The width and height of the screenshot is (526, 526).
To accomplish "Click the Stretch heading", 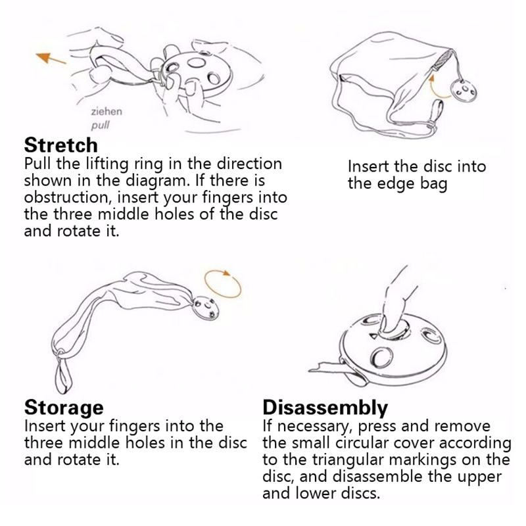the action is [x=61, y=145].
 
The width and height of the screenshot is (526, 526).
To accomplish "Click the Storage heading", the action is [x=64, y=408].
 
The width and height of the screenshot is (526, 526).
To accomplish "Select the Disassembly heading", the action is [x=325, y=408].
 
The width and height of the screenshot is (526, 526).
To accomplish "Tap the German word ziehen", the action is [x=107, y=111].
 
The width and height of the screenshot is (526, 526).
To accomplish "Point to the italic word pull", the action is [x=101, y=126].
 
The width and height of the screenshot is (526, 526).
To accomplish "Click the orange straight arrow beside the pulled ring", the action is [x=51, y=59].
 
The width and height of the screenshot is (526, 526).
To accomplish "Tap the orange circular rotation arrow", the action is [x=223, y=284].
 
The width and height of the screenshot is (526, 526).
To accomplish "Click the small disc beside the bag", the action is [x=464, y=89].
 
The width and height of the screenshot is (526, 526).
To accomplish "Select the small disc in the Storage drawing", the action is [x=205, y=308].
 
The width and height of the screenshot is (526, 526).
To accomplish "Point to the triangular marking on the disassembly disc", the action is [x=373, y=335].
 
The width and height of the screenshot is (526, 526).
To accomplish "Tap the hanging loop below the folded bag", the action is [x=63, y=371].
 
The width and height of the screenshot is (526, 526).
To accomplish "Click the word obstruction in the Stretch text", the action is [x=67, y=197].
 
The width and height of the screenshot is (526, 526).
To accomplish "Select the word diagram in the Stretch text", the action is [x=158, y=181].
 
